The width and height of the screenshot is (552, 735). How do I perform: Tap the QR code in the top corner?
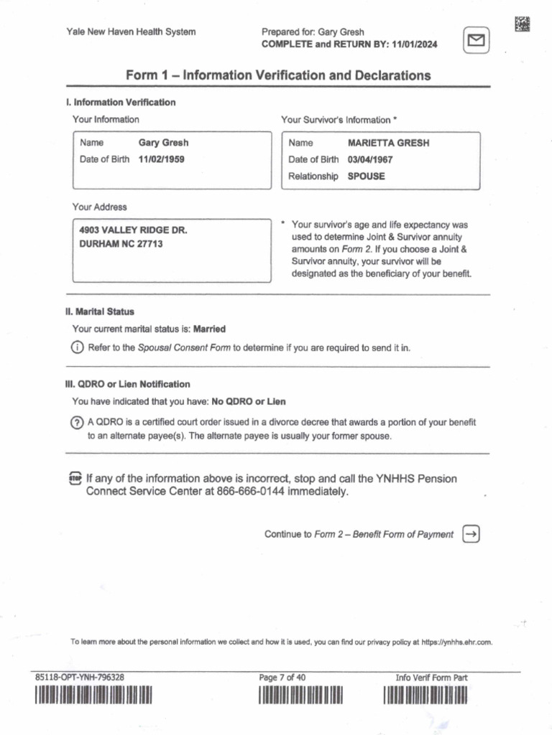point(523,23)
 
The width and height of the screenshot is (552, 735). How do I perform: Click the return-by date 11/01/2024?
point(415,45)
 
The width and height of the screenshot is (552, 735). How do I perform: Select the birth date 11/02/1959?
point(162,159)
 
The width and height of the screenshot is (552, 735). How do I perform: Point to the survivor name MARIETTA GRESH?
point(388,143)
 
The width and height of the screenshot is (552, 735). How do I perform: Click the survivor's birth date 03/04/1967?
point(370,159)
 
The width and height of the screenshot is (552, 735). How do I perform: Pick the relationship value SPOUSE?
point(366,176)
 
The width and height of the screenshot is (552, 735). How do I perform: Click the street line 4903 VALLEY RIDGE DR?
point(133,230)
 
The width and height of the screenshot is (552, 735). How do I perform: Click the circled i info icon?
point(77,347)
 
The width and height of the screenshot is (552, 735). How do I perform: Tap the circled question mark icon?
point(77,423)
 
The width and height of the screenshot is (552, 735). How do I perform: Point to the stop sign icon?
point(75,479)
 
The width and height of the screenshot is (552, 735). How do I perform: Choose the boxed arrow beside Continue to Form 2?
point(471,534)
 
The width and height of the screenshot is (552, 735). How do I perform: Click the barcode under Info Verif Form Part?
point(425,696)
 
